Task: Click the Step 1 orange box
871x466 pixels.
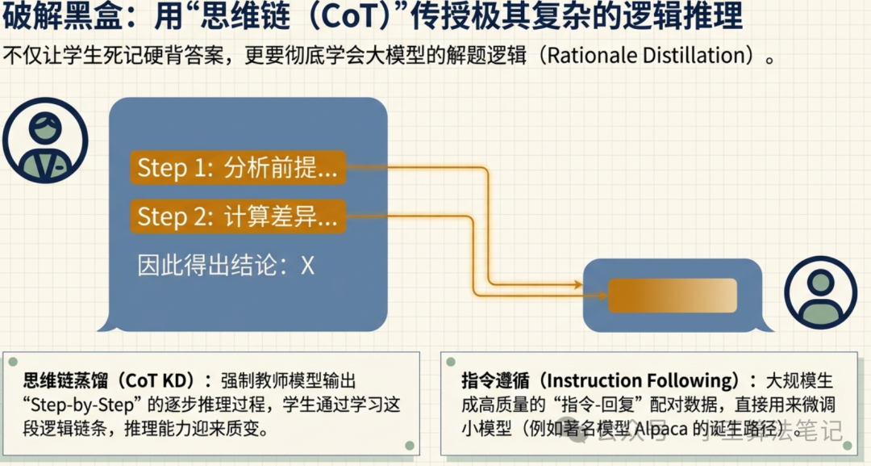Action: point(237,168)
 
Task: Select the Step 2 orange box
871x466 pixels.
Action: point(237,216)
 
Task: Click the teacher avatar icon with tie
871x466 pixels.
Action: point(44,145)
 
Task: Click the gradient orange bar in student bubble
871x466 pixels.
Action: point(672,296)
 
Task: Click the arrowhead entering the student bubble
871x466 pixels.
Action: point(577,285)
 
